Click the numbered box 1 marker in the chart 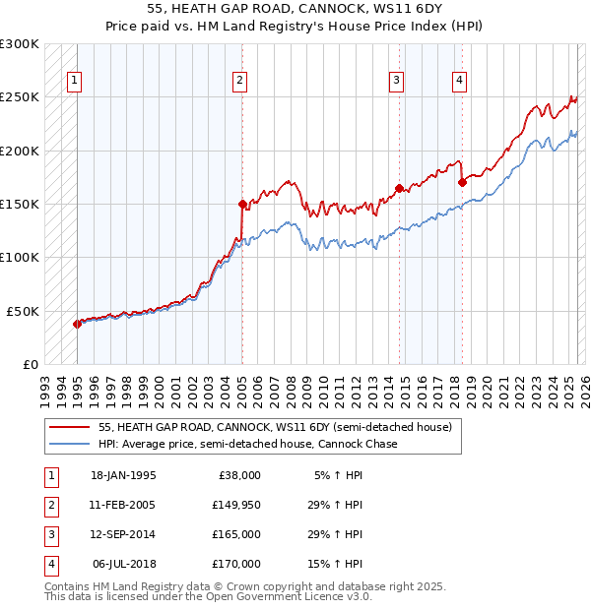click(76, 82)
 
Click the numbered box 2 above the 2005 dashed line click(240, 82)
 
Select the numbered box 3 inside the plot click(396, 82)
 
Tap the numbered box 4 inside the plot click(459, 82)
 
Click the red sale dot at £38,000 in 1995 click(77, 324)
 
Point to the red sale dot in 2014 click(399, 188)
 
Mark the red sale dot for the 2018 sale click(461, 182)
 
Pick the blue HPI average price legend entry click(246, 445)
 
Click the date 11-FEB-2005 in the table click(123, 505)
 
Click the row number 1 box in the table click(49, 475)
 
